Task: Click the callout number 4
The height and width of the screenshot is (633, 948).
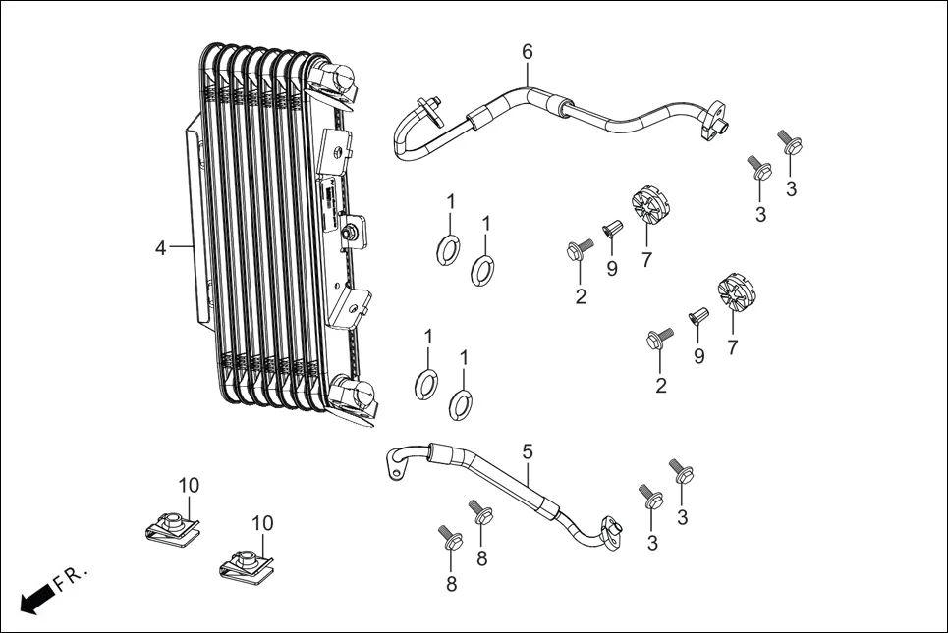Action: coord(160,248)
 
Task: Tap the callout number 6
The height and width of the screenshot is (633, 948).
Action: coord(527,51)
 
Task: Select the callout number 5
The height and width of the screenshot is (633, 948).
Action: coord(528,451)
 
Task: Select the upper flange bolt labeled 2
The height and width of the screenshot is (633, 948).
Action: coord(576,250)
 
